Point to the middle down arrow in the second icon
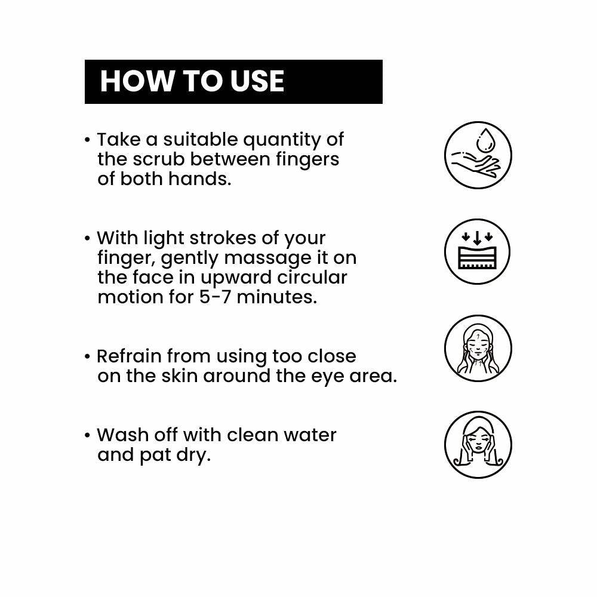477,238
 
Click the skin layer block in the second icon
478,257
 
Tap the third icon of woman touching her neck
478,348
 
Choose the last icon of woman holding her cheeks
478,444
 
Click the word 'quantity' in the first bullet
282,140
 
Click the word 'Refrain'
129,356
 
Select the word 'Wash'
124,435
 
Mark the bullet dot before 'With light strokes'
88,239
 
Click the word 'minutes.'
277,297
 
